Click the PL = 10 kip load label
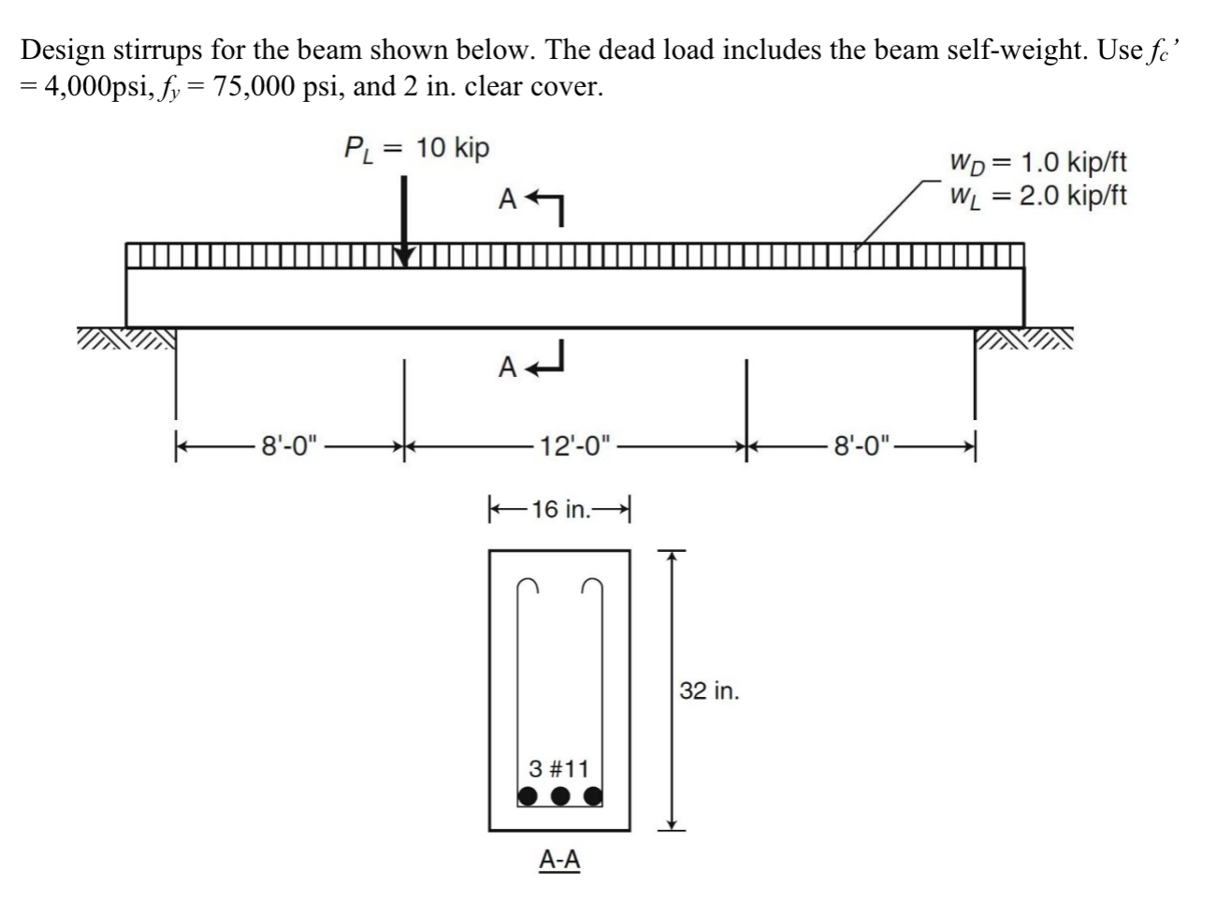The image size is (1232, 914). point(415,149)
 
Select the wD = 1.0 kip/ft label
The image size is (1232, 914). point(1037,163)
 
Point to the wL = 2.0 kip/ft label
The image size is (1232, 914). point(1037,196)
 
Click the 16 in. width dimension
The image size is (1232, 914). point(560,510)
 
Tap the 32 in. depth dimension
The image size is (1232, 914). point(708,691)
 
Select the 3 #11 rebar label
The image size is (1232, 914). point(558,769)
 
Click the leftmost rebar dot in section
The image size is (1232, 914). point(528,796)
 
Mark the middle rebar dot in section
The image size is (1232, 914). point(559,796)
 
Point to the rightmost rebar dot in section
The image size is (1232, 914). point(592,796)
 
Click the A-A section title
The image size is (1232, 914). point(559,860)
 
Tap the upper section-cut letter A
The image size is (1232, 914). point(507,199)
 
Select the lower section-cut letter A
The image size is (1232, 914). point(507,368)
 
